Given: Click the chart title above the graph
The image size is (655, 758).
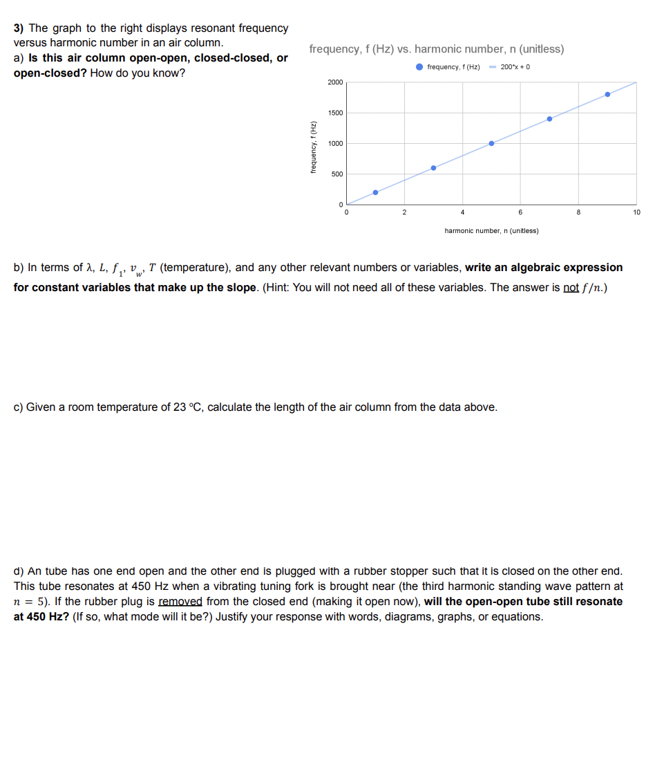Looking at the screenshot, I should [437, 49].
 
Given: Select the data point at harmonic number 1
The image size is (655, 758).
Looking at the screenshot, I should [376, 192].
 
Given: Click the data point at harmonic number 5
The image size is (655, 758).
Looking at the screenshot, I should [491, 143].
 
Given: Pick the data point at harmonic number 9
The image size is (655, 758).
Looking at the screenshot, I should [607, 94].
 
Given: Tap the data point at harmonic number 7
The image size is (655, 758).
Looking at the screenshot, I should [549, 119].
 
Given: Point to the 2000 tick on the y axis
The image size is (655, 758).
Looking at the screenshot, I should [335, 82].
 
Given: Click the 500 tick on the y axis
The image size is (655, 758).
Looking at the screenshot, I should [336, 174].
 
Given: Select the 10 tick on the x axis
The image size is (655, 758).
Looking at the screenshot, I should [636, 212].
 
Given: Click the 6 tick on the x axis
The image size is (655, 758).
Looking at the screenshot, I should [520, 212].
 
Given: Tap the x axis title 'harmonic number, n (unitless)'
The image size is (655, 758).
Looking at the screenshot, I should [491, 230].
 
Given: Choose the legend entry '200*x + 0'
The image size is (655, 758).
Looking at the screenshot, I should [515, 66].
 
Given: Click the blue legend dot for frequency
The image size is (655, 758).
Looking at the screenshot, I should [420, 66].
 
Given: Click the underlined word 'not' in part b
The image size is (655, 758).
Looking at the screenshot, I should [571, 287].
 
